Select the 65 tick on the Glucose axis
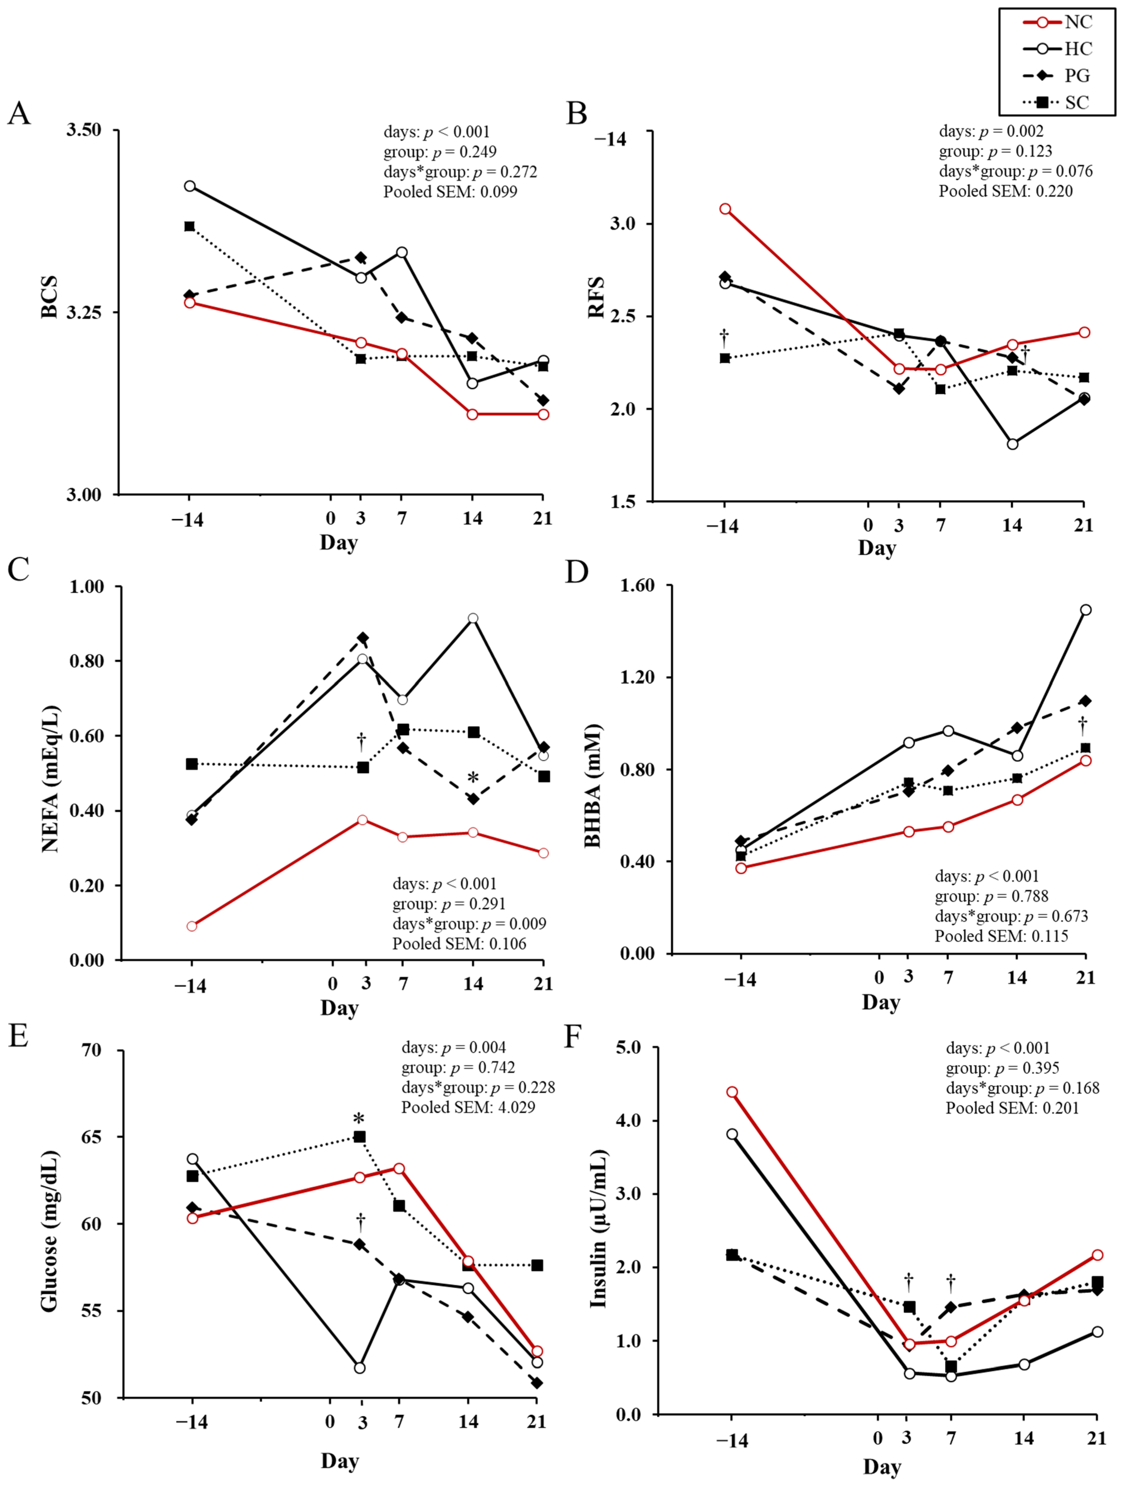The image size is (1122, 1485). coord(93,1137)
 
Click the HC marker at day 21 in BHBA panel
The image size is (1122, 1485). coord(1085,609)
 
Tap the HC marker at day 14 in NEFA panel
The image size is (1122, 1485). coord(473,618)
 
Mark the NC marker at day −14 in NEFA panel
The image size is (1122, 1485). coord(191,926)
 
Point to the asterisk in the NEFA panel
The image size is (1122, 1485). coord(473,778)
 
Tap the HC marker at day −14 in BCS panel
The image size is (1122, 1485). coord(190,186)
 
